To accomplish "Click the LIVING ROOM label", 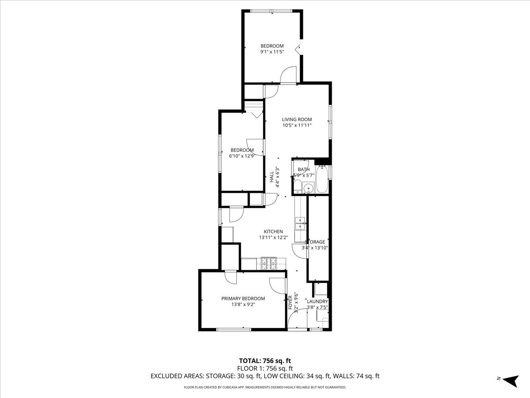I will (297, 119).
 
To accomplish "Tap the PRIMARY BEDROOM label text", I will (243, 298).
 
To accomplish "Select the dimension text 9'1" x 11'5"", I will (272, 52).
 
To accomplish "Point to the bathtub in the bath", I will (322, 179).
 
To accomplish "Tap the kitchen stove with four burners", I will (268, 264).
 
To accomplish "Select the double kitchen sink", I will (301, 223).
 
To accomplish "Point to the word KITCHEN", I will (273, 232).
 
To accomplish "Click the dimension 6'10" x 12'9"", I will (242, 156).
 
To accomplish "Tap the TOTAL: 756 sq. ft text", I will (265, 360).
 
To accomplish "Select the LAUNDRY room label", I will (317, 302).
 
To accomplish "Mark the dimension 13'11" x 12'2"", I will (273, 237).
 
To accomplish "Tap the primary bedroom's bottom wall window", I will (234, 329).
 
